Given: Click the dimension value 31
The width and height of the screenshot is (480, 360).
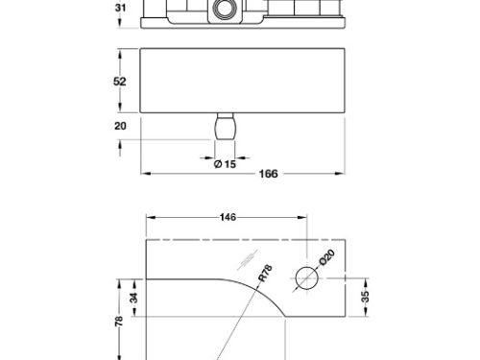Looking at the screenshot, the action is [120, 7].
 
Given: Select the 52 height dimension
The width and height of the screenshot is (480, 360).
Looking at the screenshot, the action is [119, 82].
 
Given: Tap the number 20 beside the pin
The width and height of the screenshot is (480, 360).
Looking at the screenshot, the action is [120, 126].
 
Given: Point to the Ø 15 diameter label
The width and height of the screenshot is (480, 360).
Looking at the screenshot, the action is [225, 164].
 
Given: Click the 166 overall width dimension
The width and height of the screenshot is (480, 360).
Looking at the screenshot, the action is [268, 174].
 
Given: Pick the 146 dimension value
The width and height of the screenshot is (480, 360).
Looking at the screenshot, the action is [228, 217].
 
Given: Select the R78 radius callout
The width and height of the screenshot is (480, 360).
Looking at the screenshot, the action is [265, 273].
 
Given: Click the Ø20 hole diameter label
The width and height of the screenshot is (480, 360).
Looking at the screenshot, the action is [327, 257].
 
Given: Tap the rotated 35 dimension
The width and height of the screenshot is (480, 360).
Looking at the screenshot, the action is [365, 297].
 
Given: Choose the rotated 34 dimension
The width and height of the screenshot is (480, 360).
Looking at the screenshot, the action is [134, 298].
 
